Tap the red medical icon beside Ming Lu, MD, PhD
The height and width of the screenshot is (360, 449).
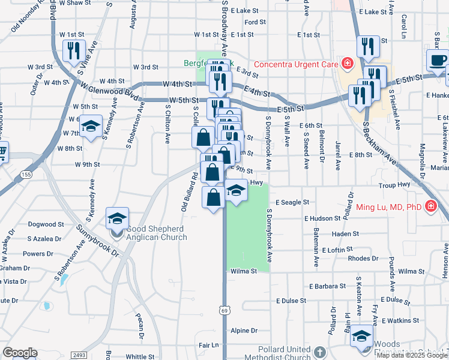pos(430,208)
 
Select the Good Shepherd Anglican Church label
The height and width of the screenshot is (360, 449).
pos(157,232)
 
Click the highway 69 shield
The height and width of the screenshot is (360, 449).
pos(224,310)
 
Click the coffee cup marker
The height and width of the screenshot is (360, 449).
pos(437,61)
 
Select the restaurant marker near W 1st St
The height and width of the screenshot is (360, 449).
pos(73,51)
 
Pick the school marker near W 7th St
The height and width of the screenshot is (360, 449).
pos(91,127)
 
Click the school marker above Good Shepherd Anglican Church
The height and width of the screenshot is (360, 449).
pos(117,219)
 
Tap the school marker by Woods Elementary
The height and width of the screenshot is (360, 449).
pos(362,335)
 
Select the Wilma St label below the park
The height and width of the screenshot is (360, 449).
pos(244,271)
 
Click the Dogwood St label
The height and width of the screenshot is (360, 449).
pos(41,224)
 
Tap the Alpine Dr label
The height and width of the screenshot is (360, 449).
pos(244,331)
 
